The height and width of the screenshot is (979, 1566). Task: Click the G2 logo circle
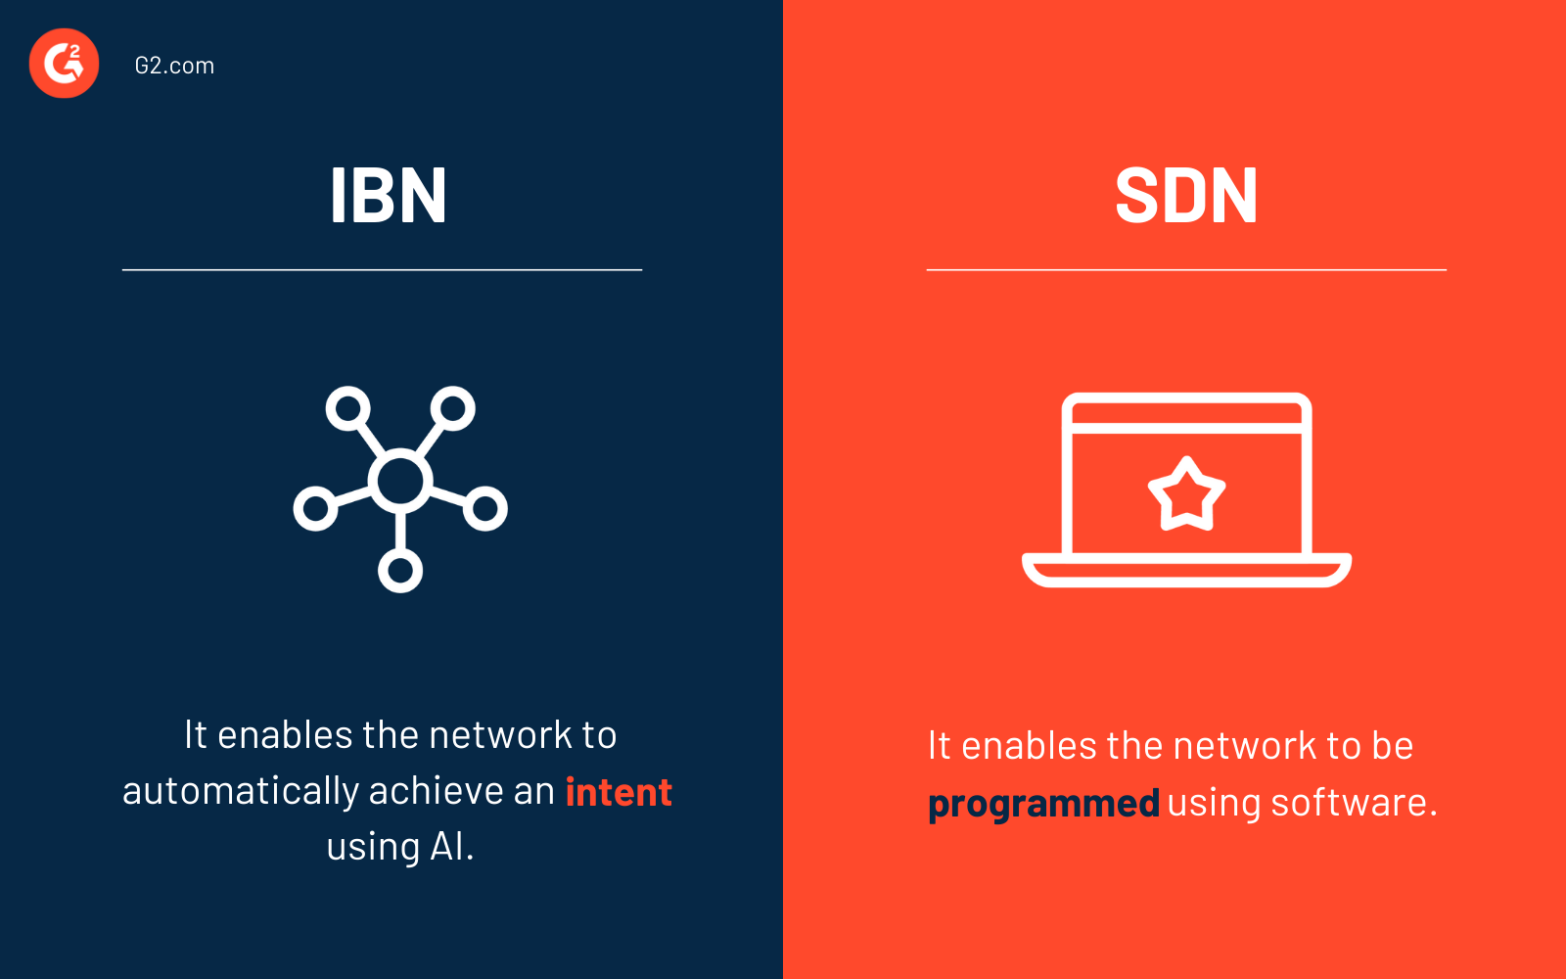64,64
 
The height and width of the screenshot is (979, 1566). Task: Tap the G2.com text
174,66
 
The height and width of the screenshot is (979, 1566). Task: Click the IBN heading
388,196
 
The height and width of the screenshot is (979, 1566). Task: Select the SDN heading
1186,196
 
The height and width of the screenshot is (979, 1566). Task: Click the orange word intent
619,792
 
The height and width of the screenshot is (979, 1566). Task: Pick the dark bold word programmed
1043,804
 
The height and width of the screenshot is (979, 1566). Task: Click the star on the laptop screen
1186,494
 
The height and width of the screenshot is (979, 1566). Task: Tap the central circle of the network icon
400,480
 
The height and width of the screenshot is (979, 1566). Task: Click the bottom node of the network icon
400,570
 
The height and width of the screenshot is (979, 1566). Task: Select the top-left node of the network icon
348,408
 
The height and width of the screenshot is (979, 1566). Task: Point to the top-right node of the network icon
452,408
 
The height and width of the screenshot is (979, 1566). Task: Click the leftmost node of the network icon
315,508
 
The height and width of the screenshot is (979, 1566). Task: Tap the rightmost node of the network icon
485,508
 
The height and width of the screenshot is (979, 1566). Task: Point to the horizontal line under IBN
382,269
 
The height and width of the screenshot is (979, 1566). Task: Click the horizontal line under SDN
1186,269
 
